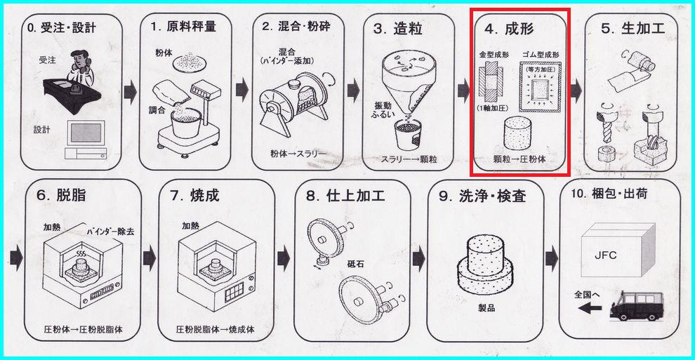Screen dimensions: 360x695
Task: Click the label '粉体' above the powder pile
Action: point(164,53)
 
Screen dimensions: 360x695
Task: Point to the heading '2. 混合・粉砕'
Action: point(296,27)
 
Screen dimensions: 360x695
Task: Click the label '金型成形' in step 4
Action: point(493,54)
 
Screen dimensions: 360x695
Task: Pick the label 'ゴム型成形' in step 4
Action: point(541,54)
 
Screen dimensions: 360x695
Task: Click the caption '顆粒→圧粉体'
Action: point(519,159)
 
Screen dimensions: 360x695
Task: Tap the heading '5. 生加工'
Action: point(633,29)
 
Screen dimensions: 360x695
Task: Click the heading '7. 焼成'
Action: point(195,195)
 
